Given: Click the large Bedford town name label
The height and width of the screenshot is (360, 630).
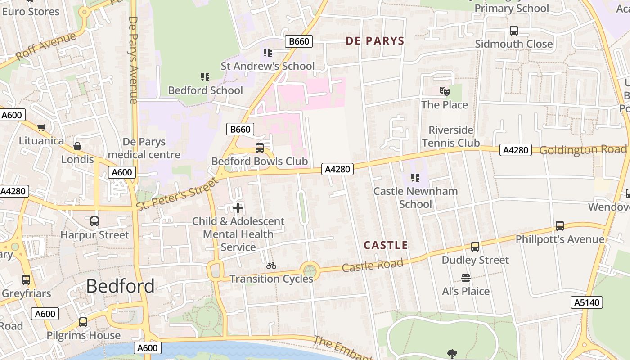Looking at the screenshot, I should pos(120,286).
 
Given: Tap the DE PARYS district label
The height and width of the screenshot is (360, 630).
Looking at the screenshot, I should pos(375,41).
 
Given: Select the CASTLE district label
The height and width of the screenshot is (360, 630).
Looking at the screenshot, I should pos(386,245).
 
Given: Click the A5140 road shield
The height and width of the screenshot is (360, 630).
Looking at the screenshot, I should pos(588,302).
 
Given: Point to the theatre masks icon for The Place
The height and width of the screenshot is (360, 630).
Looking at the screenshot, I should pos(444,91).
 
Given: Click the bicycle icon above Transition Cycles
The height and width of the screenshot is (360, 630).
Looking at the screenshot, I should pos(271,266).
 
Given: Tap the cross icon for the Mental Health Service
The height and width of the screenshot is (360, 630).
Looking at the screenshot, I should pos(238,208).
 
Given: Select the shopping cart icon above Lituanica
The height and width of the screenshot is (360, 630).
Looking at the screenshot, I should pos(41,128).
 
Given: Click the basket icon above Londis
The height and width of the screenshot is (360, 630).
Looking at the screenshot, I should pos(77,146).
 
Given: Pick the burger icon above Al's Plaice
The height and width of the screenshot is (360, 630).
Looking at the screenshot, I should pos(466,278).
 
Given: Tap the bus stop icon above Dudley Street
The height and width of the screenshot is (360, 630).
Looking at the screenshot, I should pos(475,247).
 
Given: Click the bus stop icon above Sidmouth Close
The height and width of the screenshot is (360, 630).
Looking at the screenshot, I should pos(513,31).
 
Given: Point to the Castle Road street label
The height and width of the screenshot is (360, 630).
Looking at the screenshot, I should pos(372,265).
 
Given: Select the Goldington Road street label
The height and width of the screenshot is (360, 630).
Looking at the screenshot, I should pos(583,149).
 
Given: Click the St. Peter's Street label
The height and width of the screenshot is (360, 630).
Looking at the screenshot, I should pos(177,194).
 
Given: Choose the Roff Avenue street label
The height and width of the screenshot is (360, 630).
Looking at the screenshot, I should pos(45,46).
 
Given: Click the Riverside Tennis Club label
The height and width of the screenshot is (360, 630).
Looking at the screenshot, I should pos(450,136).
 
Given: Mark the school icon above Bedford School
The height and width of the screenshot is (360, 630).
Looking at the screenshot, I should pos(205,77).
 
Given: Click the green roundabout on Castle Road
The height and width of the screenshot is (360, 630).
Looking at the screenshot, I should pos(309,271).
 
